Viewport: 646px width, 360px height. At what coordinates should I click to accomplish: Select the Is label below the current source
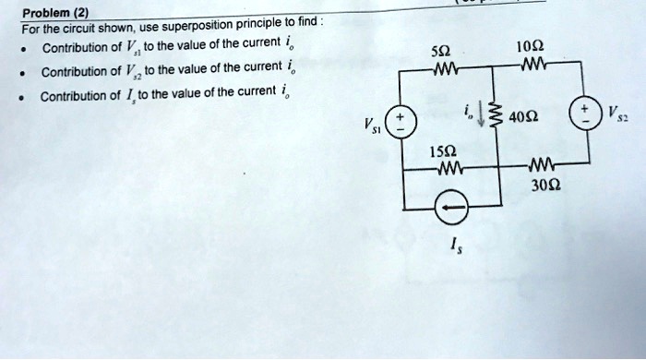[452, 246]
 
